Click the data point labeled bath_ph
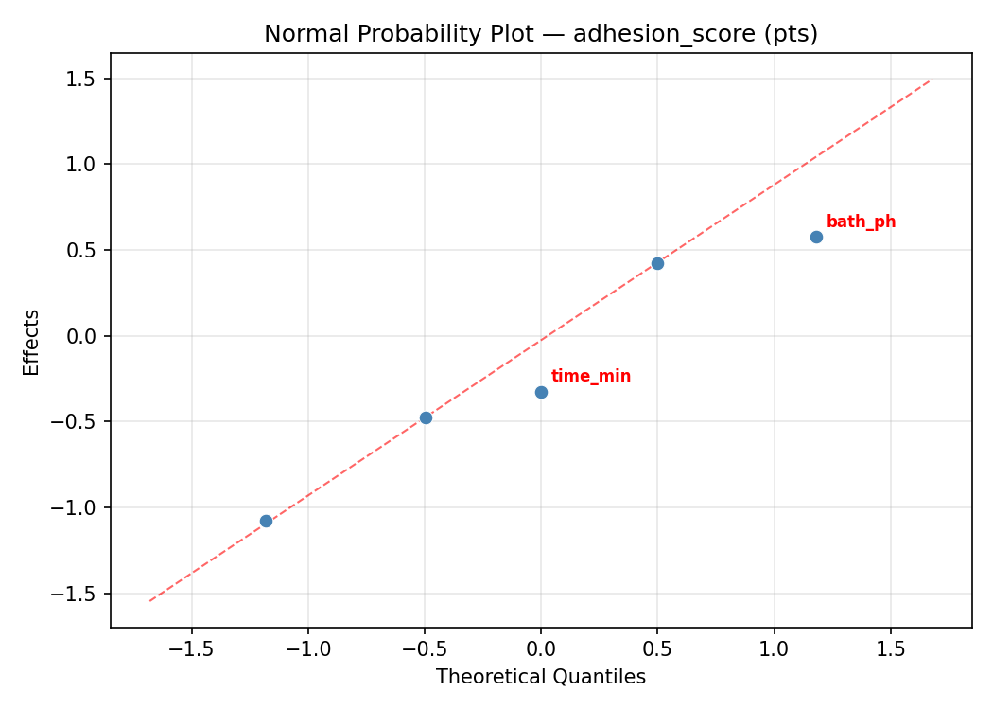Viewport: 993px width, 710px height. (816, 237)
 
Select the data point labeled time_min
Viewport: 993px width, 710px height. (541, 392)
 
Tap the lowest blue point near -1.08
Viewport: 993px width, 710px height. (266, 521)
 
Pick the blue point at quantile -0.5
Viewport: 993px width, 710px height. (426, 417)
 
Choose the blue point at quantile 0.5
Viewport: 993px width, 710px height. (657, 263)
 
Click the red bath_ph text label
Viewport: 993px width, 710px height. (861, 222)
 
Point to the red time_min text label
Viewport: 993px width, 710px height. (591, 377)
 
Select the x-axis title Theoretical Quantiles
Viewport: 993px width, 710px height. (540, 678)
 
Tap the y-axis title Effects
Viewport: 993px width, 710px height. (32, 342)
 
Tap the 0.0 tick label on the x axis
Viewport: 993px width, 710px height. (541, 650)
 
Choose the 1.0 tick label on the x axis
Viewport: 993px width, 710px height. (775, 650)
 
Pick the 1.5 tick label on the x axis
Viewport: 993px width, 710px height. (891, 650)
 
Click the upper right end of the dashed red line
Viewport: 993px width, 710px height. (932, 80)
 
